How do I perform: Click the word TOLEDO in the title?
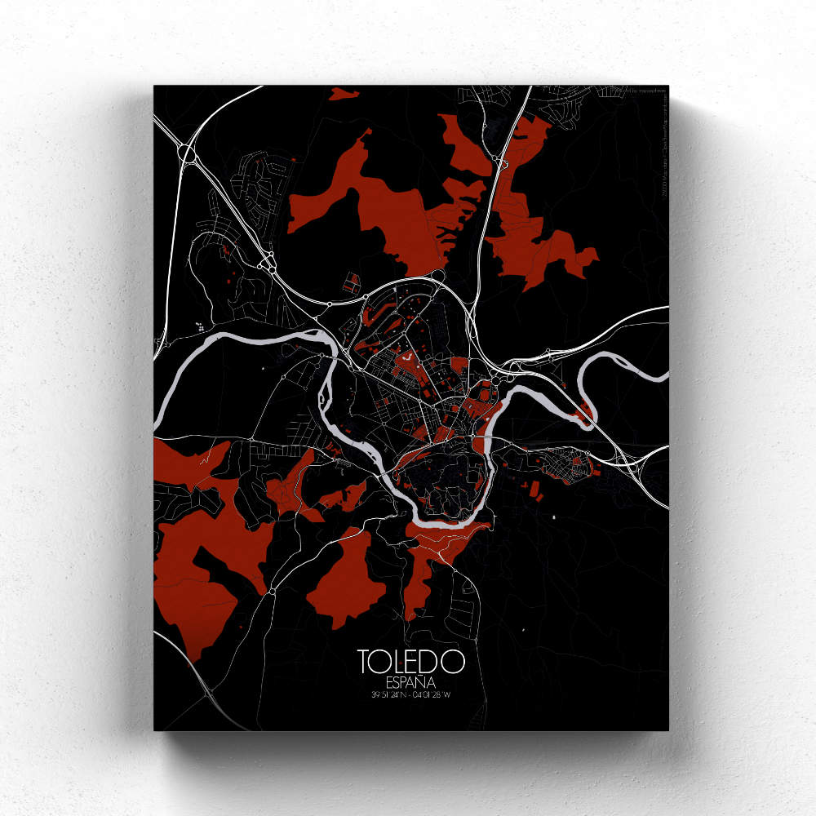[410, 662]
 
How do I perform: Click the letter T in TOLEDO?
[364, 662]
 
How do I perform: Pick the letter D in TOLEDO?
[434, 662]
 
